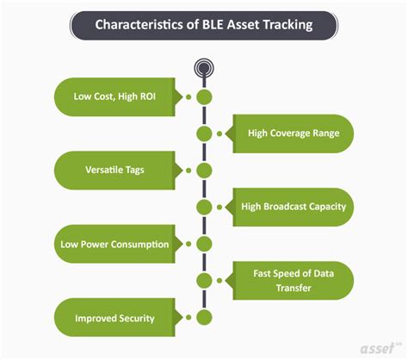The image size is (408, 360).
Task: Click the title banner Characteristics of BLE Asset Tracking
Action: (x=204, y=25)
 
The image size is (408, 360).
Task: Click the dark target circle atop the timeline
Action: (x=204, y=66)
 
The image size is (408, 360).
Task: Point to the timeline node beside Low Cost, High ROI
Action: (x=204, y=96)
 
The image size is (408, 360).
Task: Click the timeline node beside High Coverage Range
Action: (x=204, y=133)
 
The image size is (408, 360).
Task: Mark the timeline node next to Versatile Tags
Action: (x=204, y=171)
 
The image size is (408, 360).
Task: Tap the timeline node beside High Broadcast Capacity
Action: (x=204, y=207)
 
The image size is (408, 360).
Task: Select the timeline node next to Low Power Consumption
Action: (x=204, y=245)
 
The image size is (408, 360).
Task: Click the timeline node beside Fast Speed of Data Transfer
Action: (x=204, y=281)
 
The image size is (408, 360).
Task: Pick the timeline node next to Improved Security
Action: (x=204, y=318)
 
